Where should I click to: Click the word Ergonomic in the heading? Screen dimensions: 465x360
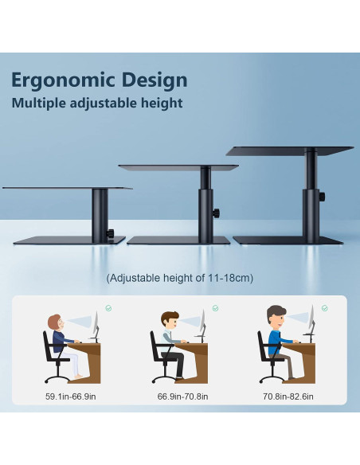57,80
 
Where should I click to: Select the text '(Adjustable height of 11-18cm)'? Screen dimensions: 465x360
179,279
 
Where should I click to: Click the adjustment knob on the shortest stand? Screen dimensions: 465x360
112,232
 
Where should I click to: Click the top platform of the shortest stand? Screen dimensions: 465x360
67,189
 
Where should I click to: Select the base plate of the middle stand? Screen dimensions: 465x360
179,240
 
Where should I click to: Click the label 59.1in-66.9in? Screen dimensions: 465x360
71,396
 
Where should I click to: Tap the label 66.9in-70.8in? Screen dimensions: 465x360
181,396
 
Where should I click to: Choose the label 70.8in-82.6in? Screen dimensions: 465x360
288,396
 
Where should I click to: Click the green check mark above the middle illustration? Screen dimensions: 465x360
215,308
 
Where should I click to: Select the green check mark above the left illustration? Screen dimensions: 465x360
108,307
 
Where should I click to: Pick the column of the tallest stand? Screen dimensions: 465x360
311,195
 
